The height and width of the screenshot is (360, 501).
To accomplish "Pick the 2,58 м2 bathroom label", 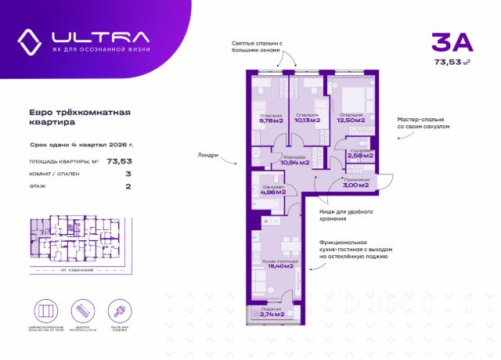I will pos(359,155).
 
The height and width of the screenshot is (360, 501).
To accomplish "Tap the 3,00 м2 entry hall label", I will pos(354,185).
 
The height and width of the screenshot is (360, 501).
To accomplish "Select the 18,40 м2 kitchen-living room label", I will pos(279,265).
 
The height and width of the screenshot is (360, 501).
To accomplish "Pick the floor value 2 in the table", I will pos(127,187).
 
